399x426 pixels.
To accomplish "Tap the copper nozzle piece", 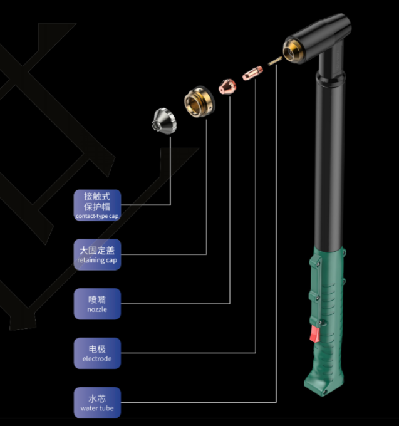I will coord(226,86).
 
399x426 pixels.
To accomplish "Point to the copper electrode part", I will coord(252,73).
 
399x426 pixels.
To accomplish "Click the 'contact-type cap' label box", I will coord(97,205).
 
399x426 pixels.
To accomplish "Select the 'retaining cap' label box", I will coord(97,254).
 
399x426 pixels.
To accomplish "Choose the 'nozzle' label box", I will coord(97,304).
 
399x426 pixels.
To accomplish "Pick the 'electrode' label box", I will coord(97,353).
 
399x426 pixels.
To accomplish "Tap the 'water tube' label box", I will coord(97,403).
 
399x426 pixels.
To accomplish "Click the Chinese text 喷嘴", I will coord(97,299).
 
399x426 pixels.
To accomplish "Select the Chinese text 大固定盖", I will coord(97,250).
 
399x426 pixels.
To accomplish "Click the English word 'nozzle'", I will coord(97,309).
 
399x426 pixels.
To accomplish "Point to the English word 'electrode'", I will coord(97,359).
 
